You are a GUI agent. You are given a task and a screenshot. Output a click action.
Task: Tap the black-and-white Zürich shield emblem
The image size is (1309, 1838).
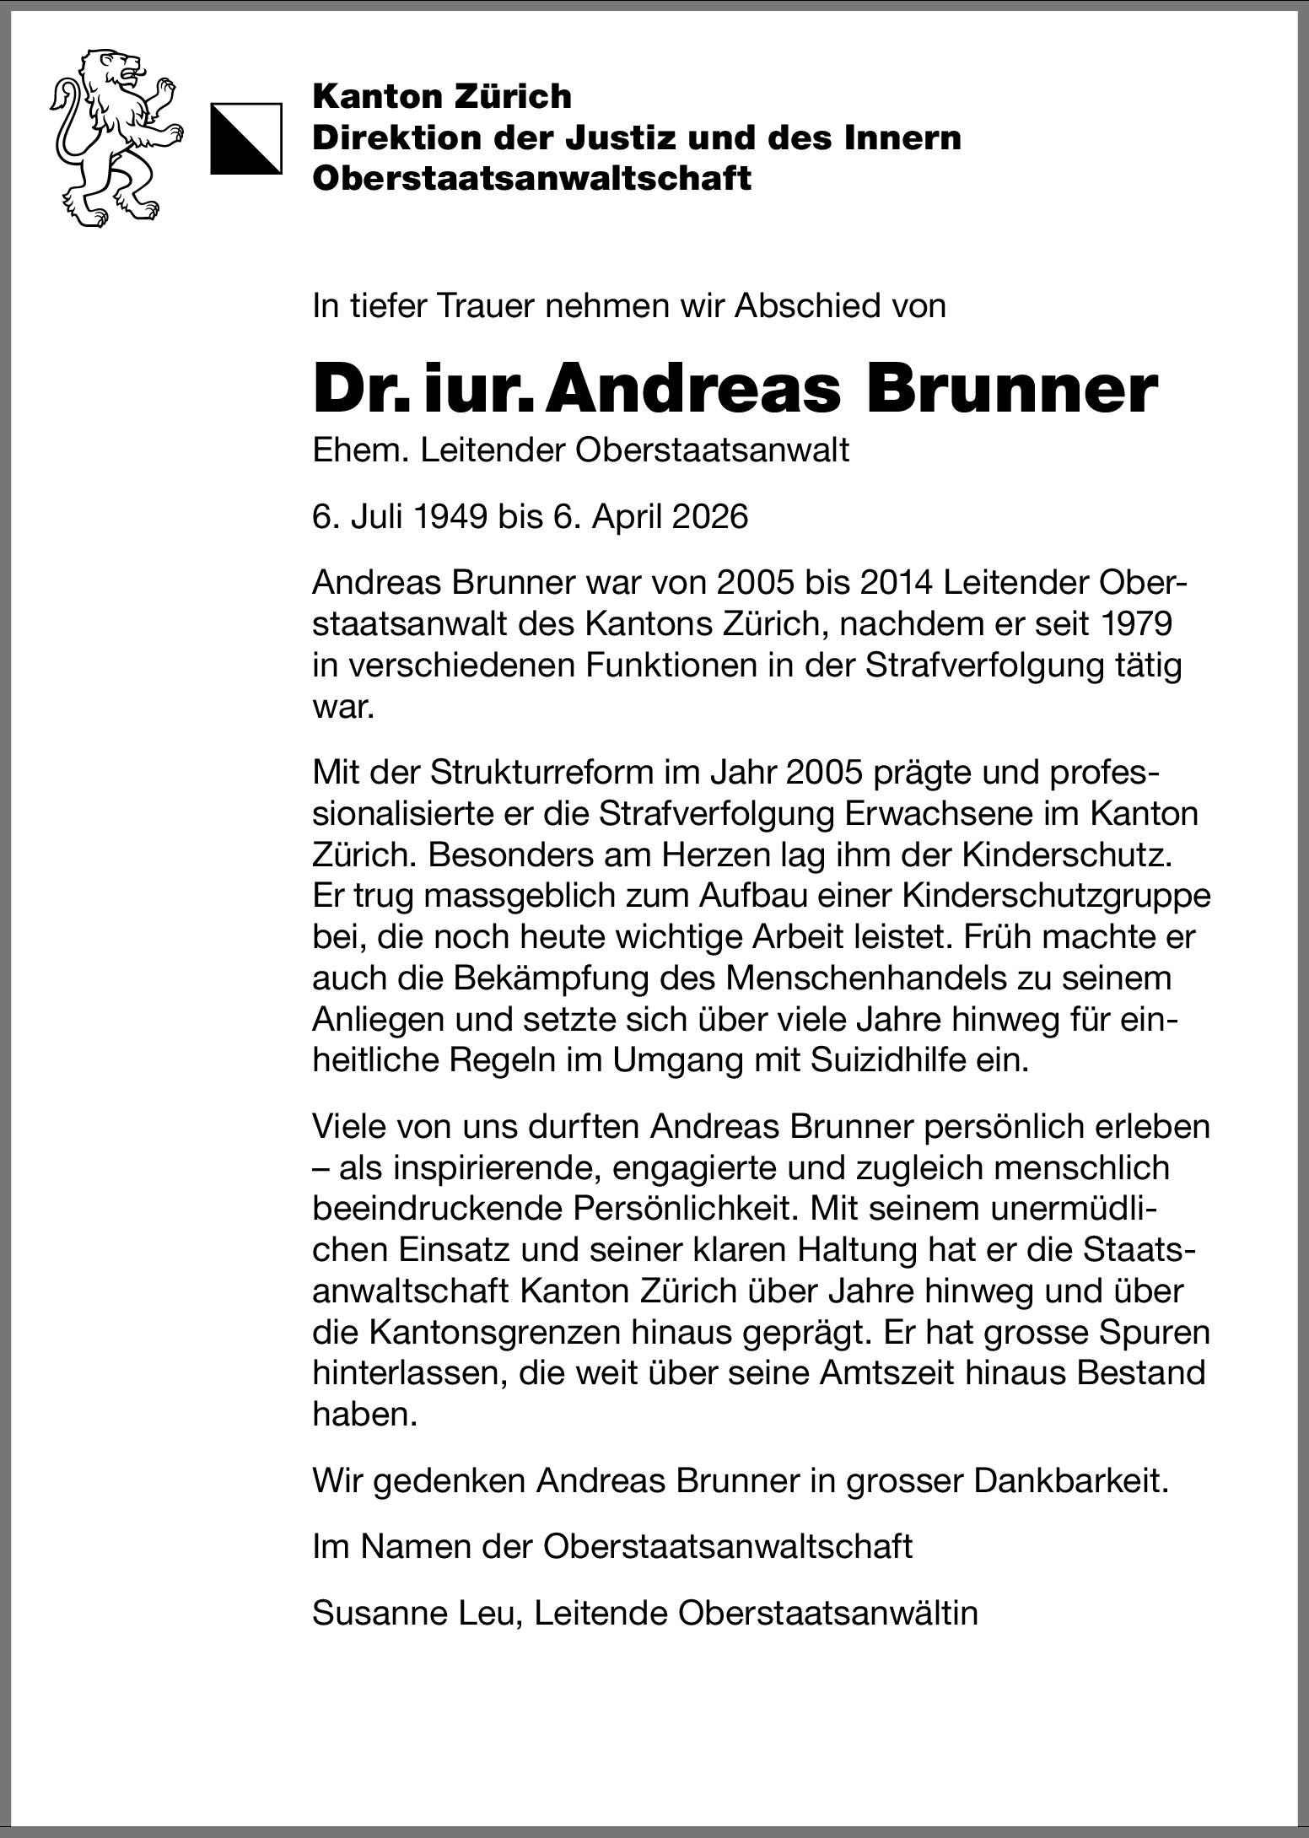coord(245,138)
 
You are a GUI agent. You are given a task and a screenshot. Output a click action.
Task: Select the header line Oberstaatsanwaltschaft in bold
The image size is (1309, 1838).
coord(531,179)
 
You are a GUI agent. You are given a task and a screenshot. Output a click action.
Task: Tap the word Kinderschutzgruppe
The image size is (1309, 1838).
coord(1056,896)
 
